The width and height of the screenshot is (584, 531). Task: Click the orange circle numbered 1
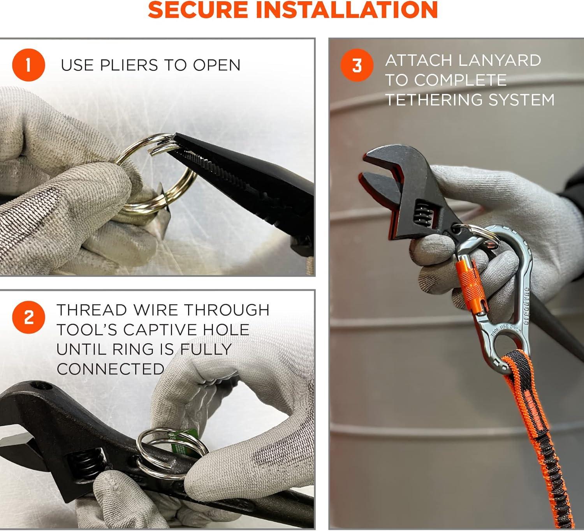(x=28, y=65)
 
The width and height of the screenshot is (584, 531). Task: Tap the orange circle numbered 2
(x=28, y=317)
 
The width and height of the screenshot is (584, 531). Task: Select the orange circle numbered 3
(x=357, y=65)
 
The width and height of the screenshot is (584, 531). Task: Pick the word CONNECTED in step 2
(x=111, y=369)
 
